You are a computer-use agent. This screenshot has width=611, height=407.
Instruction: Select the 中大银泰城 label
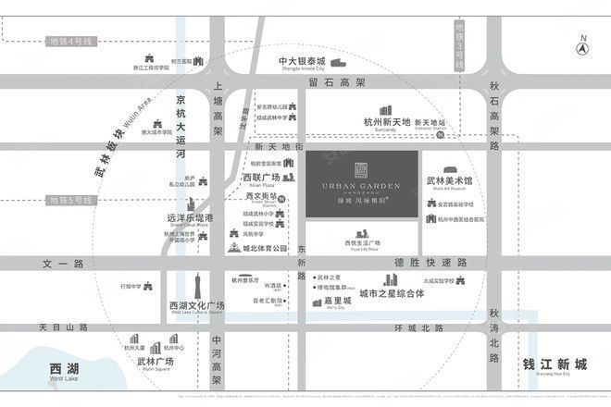click(x=302, y=63)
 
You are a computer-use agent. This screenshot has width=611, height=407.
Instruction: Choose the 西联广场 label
click(x=260, y=177)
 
